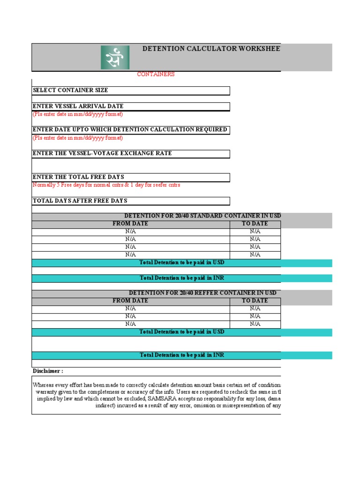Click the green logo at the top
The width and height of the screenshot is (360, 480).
(115, 57)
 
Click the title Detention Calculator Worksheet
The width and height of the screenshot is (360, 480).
(211, 49)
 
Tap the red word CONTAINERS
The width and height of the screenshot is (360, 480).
(156, 74)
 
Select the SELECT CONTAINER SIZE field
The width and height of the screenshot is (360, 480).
(131, 90)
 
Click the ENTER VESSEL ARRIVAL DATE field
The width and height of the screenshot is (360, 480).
(131, 106)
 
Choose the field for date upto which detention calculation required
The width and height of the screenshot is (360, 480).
(131, 130)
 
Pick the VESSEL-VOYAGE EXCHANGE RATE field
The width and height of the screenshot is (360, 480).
(131, 154)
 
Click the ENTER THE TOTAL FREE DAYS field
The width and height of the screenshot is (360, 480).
(131, 177)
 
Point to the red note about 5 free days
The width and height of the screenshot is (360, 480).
(106, 185)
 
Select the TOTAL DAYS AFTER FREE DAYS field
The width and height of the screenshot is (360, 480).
(131, 201)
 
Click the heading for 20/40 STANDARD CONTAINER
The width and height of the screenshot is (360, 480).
(202, 216)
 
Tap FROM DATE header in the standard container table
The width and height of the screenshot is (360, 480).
(130, 224)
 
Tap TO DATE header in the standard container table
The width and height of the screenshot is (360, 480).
(255, 224)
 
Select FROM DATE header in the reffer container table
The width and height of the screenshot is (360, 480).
(130, 301)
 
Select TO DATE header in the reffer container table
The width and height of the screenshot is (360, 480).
(255, 301)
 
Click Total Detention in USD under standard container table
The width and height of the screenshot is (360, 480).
(182, 263)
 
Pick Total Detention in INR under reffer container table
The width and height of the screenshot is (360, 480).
(182, 355)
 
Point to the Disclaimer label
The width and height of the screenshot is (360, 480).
(48, 371)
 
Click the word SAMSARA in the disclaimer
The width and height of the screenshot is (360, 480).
(160, 398)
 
